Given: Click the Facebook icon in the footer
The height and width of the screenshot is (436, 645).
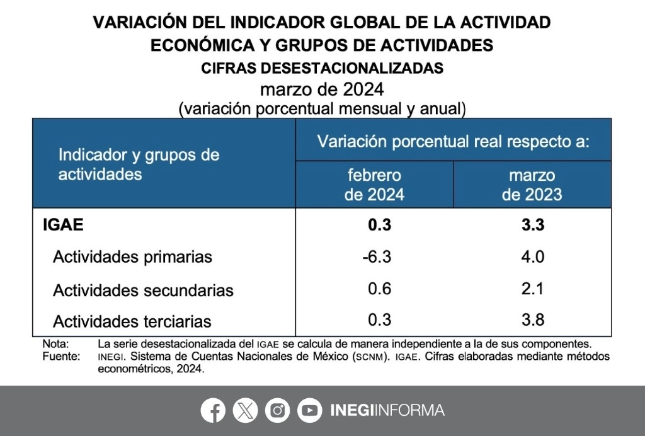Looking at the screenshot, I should pos(214,411).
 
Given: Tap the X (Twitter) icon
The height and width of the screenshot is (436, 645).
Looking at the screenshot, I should pos(245,411).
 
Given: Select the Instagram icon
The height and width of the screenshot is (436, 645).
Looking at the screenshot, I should pos(277,411).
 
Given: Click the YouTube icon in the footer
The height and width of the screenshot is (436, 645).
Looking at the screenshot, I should pos(309,411).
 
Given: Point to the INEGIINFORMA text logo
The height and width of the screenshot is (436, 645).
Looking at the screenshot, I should pos(387,411).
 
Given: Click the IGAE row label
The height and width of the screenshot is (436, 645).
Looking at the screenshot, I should pos(63,225).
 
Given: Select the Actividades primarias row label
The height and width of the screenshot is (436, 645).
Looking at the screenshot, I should pos(132,257).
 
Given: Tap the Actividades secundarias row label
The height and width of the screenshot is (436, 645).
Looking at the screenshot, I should pos(143,290).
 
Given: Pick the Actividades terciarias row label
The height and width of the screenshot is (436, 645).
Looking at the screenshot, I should pos(132,321).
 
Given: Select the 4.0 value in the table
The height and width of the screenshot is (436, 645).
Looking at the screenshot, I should pos(532,257).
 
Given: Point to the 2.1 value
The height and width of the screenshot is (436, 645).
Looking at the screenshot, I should pos(532,289).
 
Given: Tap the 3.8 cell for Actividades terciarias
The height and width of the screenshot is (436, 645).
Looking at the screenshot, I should pos(532,320).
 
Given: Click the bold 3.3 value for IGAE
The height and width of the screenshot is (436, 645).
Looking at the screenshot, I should pos(532,225).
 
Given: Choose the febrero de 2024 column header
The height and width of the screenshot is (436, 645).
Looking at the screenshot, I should pos(374,185).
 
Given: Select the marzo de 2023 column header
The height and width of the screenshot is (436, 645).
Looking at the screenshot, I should pos(532,185).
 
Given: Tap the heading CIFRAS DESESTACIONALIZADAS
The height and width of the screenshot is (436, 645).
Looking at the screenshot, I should pos(322,68).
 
